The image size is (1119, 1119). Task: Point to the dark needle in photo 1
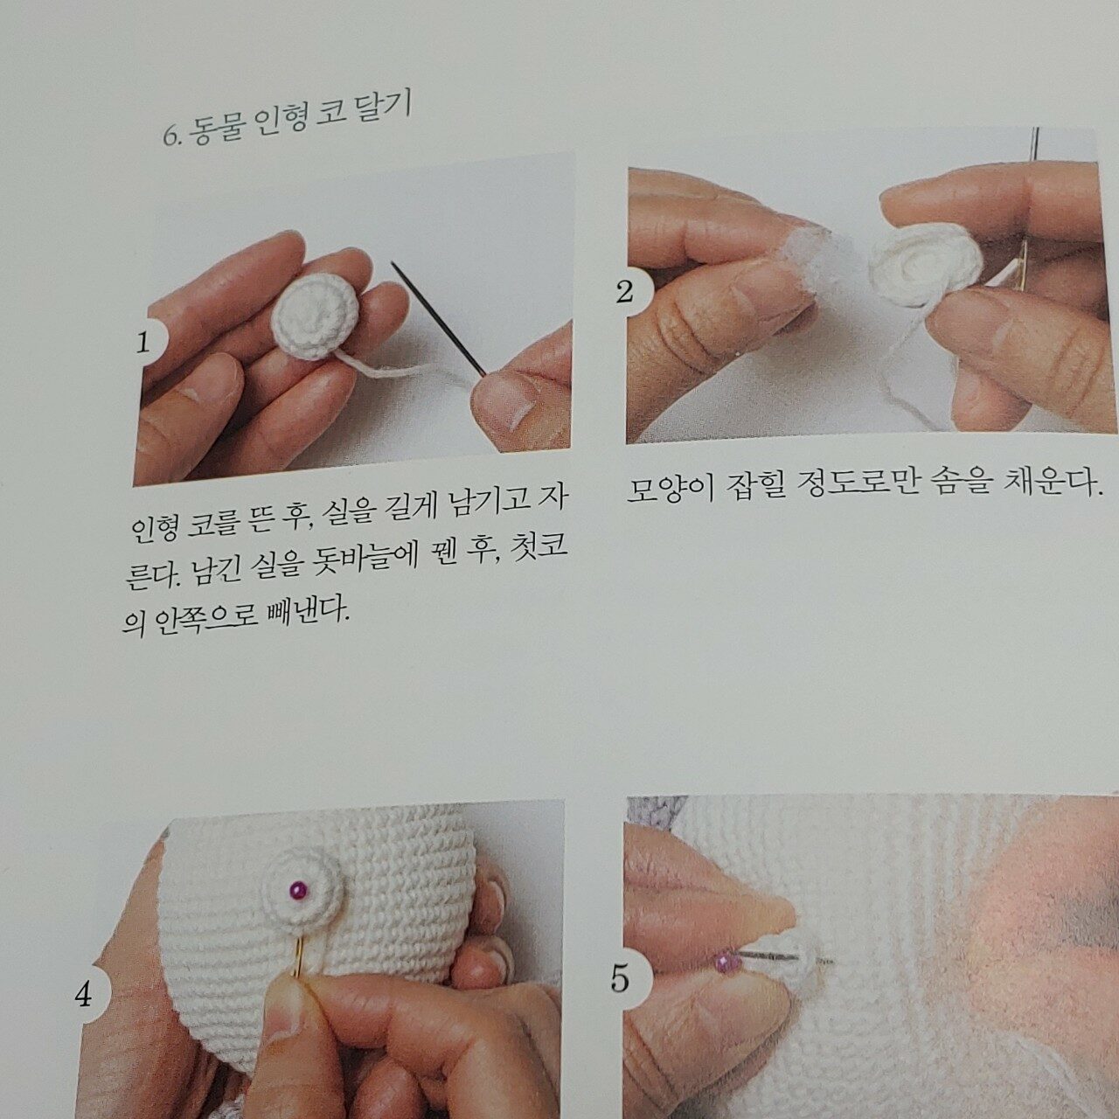(439, 319)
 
